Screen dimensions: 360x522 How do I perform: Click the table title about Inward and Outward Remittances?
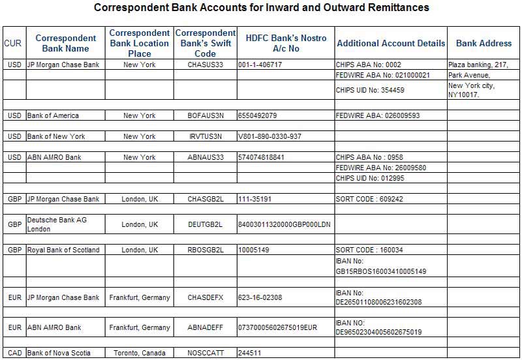(262, 8)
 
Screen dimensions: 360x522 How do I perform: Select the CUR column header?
(12, 44)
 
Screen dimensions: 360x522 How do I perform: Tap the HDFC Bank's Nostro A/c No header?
(286, 43)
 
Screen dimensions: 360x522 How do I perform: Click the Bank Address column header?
(484, 44)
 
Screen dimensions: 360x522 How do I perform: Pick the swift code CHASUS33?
(205, 65)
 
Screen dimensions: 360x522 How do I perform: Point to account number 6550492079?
(258, 116)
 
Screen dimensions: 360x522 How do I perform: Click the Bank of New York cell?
(56, 137)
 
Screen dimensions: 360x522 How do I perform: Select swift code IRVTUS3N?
(205, 137)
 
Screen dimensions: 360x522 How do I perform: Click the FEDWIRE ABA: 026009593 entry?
(378, 116)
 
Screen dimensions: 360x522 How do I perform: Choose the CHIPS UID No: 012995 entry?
(370, 178)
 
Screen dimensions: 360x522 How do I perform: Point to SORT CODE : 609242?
(369, 199)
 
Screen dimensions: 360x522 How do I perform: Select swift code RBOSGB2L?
(205, 250)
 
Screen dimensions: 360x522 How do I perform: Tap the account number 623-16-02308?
(260, 298)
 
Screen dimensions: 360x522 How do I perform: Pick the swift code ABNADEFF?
(205, 328)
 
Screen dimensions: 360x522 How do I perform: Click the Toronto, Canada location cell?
(140, 353)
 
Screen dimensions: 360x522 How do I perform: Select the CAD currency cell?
(14, 353)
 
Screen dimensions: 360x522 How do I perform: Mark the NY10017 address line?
(464, 95)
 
